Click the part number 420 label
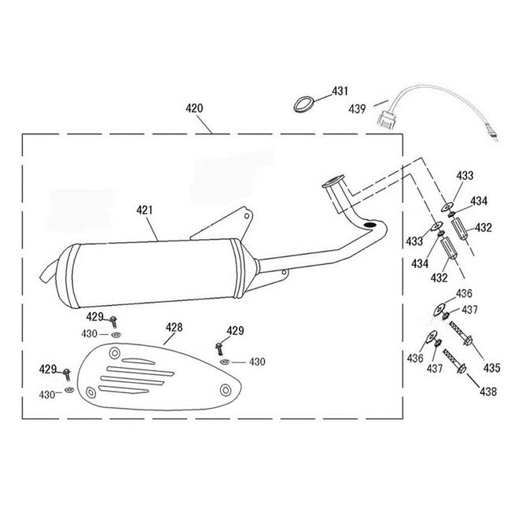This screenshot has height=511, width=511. point(194,108)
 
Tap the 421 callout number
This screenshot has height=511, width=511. point(145,210)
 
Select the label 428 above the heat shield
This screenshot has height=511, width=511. point(174,327)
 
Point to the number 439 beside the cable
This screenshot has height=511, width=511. point(357,108)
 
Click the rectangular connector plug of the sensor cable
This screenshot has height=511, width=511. point(387,119)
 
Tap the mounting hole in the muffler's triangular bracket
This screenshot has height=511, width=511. point(247,215)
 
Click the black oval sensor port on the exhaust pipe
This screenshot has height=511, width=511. point(370,225)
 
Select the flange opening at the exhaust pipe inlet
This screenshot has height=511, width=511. point(333,181)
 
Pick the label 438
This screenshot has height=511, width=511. point(488,392)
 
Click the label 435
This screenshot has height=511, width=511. point(492,368)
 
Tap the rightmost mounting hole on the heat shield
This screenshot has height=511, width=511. point(225,390)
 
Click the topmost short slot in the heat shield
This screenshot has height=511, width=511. point(138,361)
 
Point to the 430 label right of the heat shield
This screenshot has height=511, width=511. point(257,362)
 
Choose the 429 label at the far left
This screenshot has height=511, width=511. point(48,369)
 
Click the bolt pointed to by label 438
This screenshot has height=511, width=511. point(455,362)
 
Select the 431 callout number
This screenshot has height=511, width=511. point(340,91)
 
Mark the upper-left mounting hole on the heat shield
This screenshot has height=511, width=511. point(115,353)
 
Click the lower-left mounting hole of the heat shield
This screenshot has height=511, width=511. point(91,392)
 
